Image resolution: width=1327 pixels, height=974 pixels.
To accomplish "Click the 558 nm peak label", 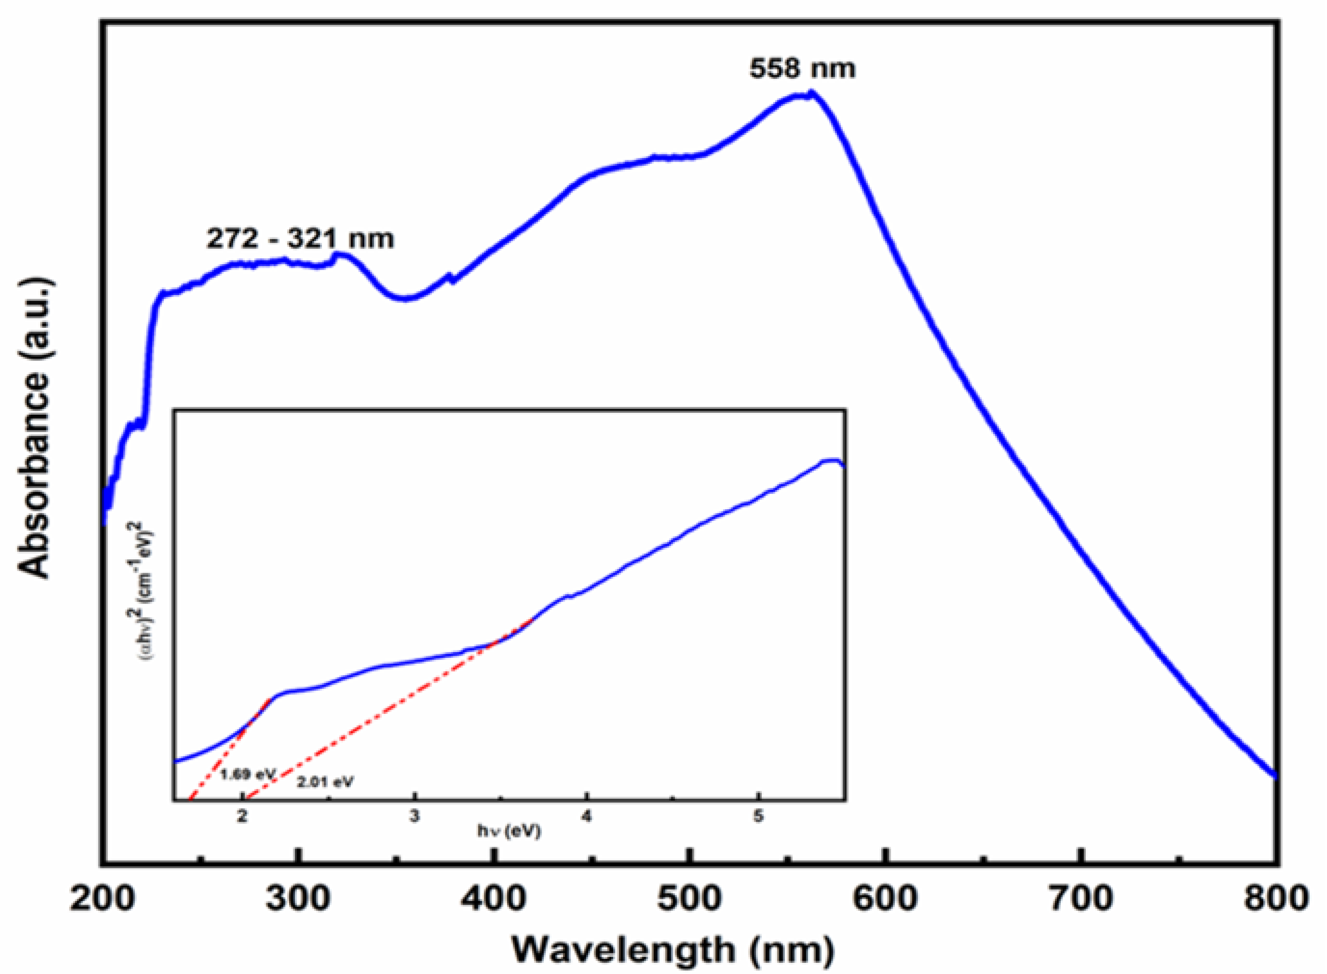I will [x=802, y=69].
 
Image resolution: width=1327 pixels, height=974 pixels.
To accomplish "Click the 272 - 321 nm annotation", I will [x=300, y=239].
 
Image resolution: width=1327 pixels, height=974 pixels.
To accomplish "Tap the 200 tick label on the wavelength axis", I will [x=102, y=899].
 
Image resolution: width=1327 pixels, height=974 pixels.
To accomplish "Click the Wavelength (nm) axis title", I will [x=672, y=950].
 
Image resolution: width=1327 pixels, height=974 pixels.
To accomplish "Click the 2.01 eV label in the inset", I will [x=325, y=782].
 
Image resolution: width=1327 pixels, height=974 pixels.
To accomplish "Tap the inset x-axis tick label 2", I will [x=242, y=816].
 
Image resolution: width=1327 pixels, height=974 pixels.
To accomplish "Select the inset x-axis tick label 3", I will [x=414, y=816].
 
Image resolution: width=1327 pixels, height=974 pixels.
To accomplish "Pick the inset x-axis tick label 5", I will [x=758, y=816].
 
